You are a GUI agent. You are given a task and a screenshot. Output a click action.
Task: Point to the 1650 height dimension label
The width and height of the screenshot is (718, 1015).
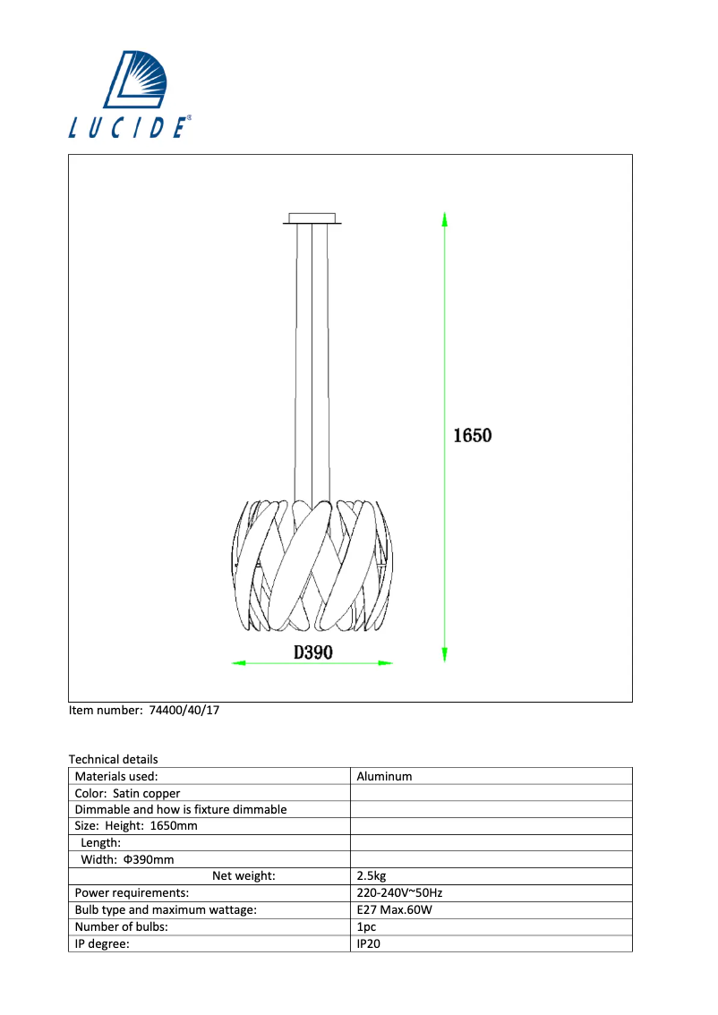473,436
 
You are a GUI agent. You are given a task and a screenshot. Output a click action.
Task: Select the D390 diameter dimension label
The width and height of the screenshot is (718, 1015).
313,653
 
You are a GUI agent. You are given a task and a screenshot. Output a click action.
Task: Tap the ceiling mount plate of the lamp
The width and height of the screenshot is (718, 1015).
312,217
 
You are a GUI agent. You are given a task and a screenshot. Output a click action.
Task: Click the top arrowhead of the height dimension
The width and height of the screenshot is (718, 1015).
445,218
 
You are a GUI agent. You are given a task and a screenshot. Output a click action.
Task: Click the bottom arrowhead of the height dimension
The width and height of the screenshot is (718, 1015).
445,654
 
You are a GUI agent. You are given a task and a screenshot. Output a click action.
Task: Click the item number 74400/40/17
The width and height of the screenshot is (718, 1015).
144,710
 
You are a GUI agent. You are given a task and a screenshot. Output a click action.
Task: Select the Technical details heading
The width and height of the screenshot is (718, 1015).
113,759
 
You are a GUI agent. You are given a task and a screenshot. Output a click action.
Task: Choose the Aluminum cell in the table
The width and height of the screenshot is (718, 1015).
384,777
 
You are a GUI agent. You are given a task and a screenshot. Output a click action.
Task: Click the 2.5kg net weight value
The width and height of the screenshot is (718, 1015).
371,876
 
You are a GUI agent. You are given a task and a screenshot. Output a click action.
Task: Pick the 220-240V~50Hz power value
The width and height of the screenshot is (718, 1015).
400,893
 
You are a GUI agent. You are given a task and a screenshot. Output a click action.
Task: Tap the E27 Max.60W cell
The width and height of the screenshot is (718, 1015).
395,910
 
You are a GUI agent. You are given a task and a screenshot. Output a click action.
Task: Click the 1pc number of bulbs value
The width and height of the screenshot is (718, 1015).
365,927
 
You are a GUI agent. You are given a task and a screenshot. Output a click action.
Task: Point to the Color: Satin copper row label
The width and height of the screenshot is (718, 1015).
127,793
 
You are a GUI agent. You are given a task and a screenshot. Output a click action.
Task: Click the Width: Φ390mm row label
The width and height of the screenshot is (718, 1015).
127,859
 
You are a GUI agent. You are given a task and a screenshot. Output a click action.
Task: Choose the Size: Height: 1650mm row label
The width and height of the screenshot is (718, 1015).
136,826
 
